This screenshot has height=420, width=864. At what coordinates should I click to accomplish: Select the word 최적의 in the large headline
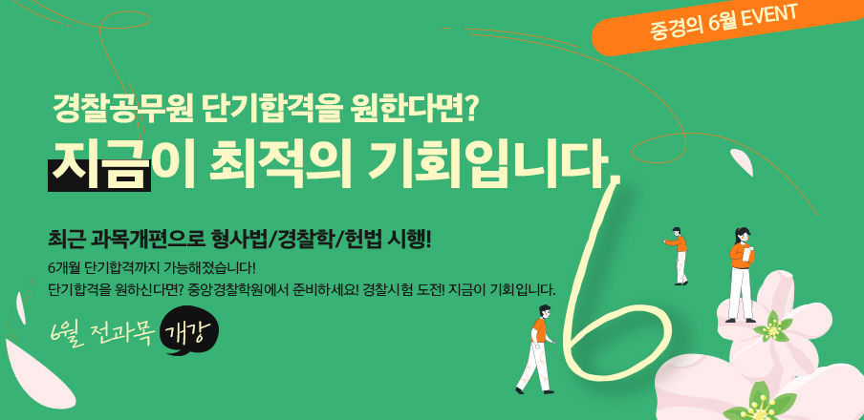pyautogui.click(x=279, y=164)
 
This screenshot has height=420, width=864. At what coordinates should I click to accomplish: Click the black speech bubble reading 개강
pyautogui.click(x=188, y=329)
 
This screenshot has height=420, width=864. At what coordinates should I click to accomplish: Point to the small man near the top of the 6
pyautogui.click(x=678, y=256)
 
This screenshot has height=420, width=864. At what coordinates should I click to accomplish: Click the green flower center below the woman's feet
pyautogui.click(x=772, y=328)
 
